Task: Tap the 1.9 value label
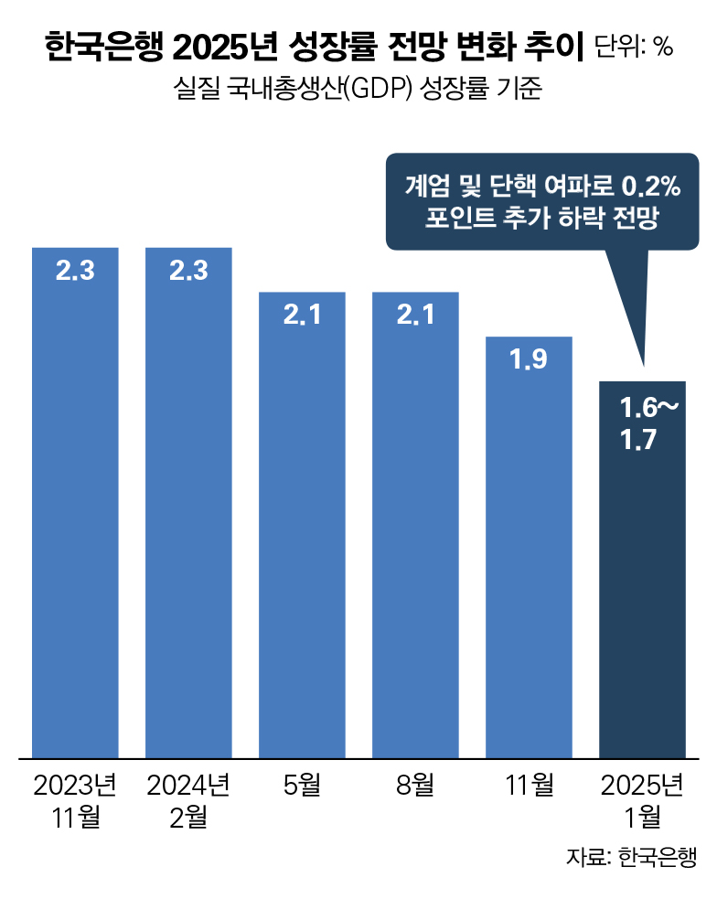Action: tap(529, 359)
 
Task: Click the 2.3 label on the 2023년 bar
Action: tap(75, 271)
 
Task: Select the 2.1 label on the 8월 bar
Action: tap(415, 316)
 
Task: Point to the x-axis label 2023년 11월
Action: tap(75, 800)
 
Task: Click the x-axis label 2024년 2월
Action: tap(188, 800)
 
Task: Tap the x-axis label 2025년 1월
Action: tap(642, 800)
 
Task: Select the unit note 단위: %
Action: tap(634, 47)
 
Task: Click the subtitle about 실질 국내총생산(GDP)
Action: tap(358, 90)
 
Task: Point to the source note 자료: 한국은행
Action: tap(631, 857)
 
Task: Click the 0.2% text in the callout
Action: tap(651, 187)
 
